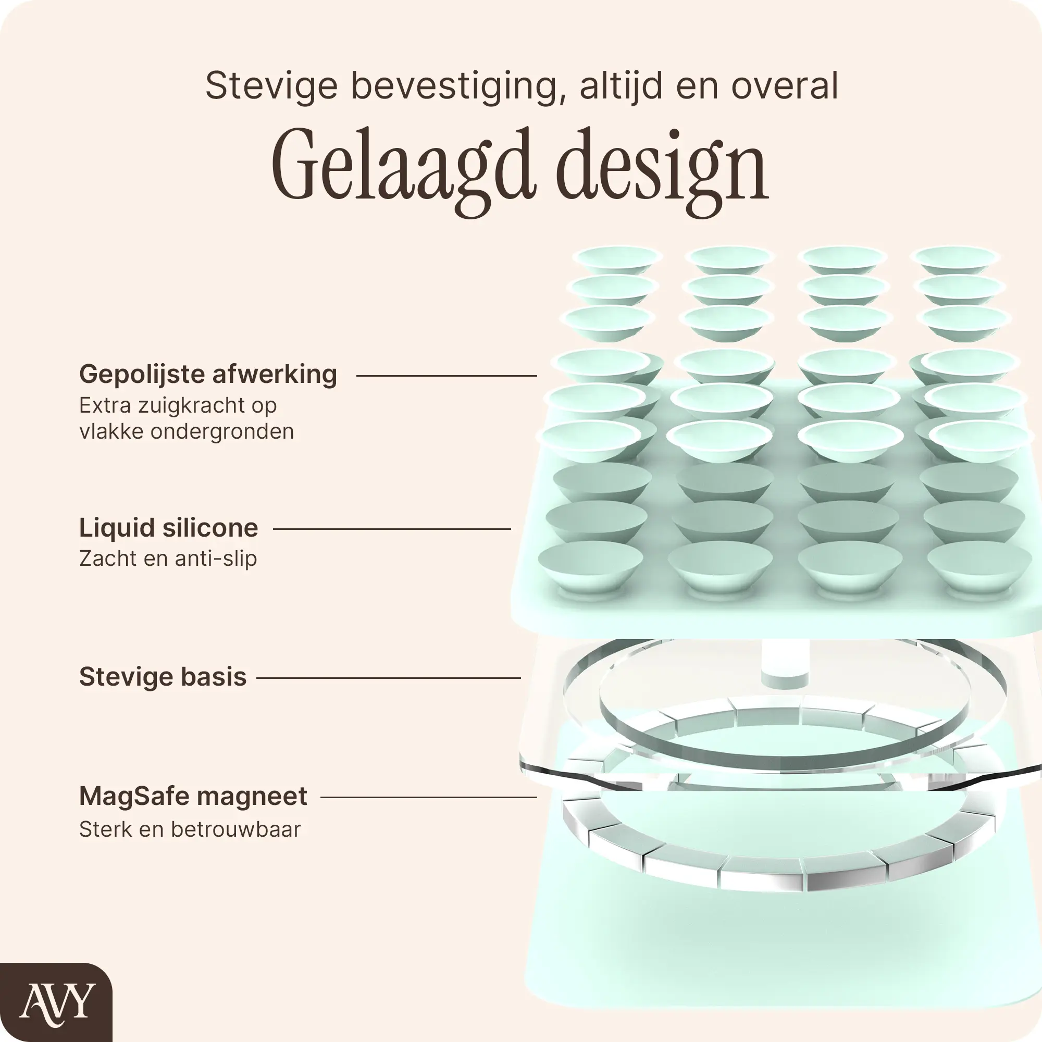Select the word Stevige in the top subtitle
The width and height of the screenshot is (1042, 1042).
(271, 86)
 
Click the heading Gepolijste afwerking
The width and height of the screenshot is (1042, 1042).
(208, 374)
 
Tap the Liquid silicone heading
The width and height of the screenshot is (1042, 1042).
(168, 528)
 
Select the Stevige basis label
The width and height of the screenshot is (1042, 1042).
(163, 677)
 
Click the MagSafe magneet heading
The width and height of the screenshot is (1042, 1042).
(193, 796)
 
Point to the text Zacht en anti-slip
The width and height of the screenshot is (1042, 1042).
(168, 559)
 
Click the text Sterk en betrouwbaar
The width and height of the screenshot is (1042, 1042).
(190, 830)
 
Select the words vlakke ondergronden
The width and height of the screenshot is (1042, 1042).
(187, 432)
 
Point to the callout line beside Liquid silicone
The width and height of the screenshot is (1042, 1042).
(392, 529)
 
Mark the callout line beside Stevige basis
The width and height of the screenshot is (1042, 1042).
(388, 678)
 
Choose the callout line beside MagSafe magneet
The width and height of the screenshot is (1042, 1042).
(429, 797)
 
